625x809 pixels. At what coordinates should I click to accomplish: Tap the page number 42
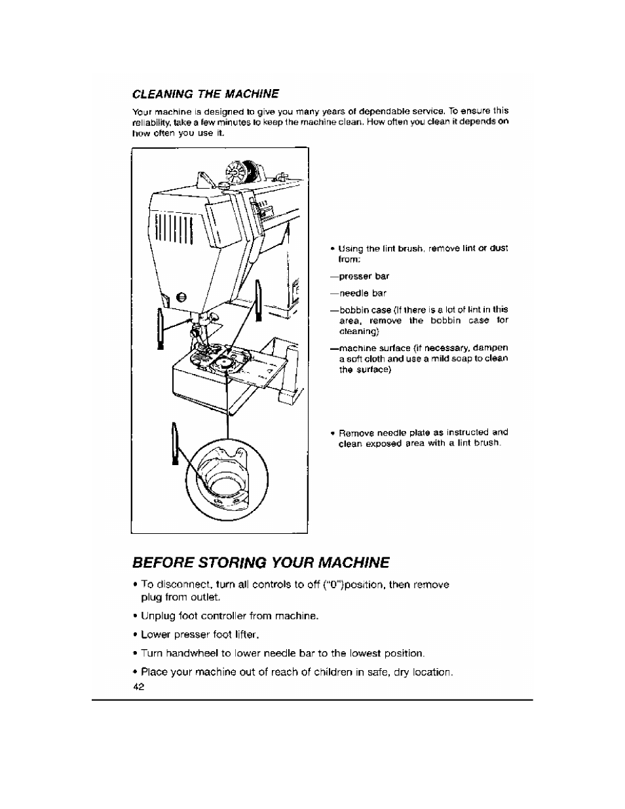138,687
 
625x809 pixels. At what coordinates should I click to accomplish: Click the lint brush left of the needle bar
159,328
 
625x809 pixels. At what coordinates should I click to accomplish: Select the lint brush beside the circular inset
174,442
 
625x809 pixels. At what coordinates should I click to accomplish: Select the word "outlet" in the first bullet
208,597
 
